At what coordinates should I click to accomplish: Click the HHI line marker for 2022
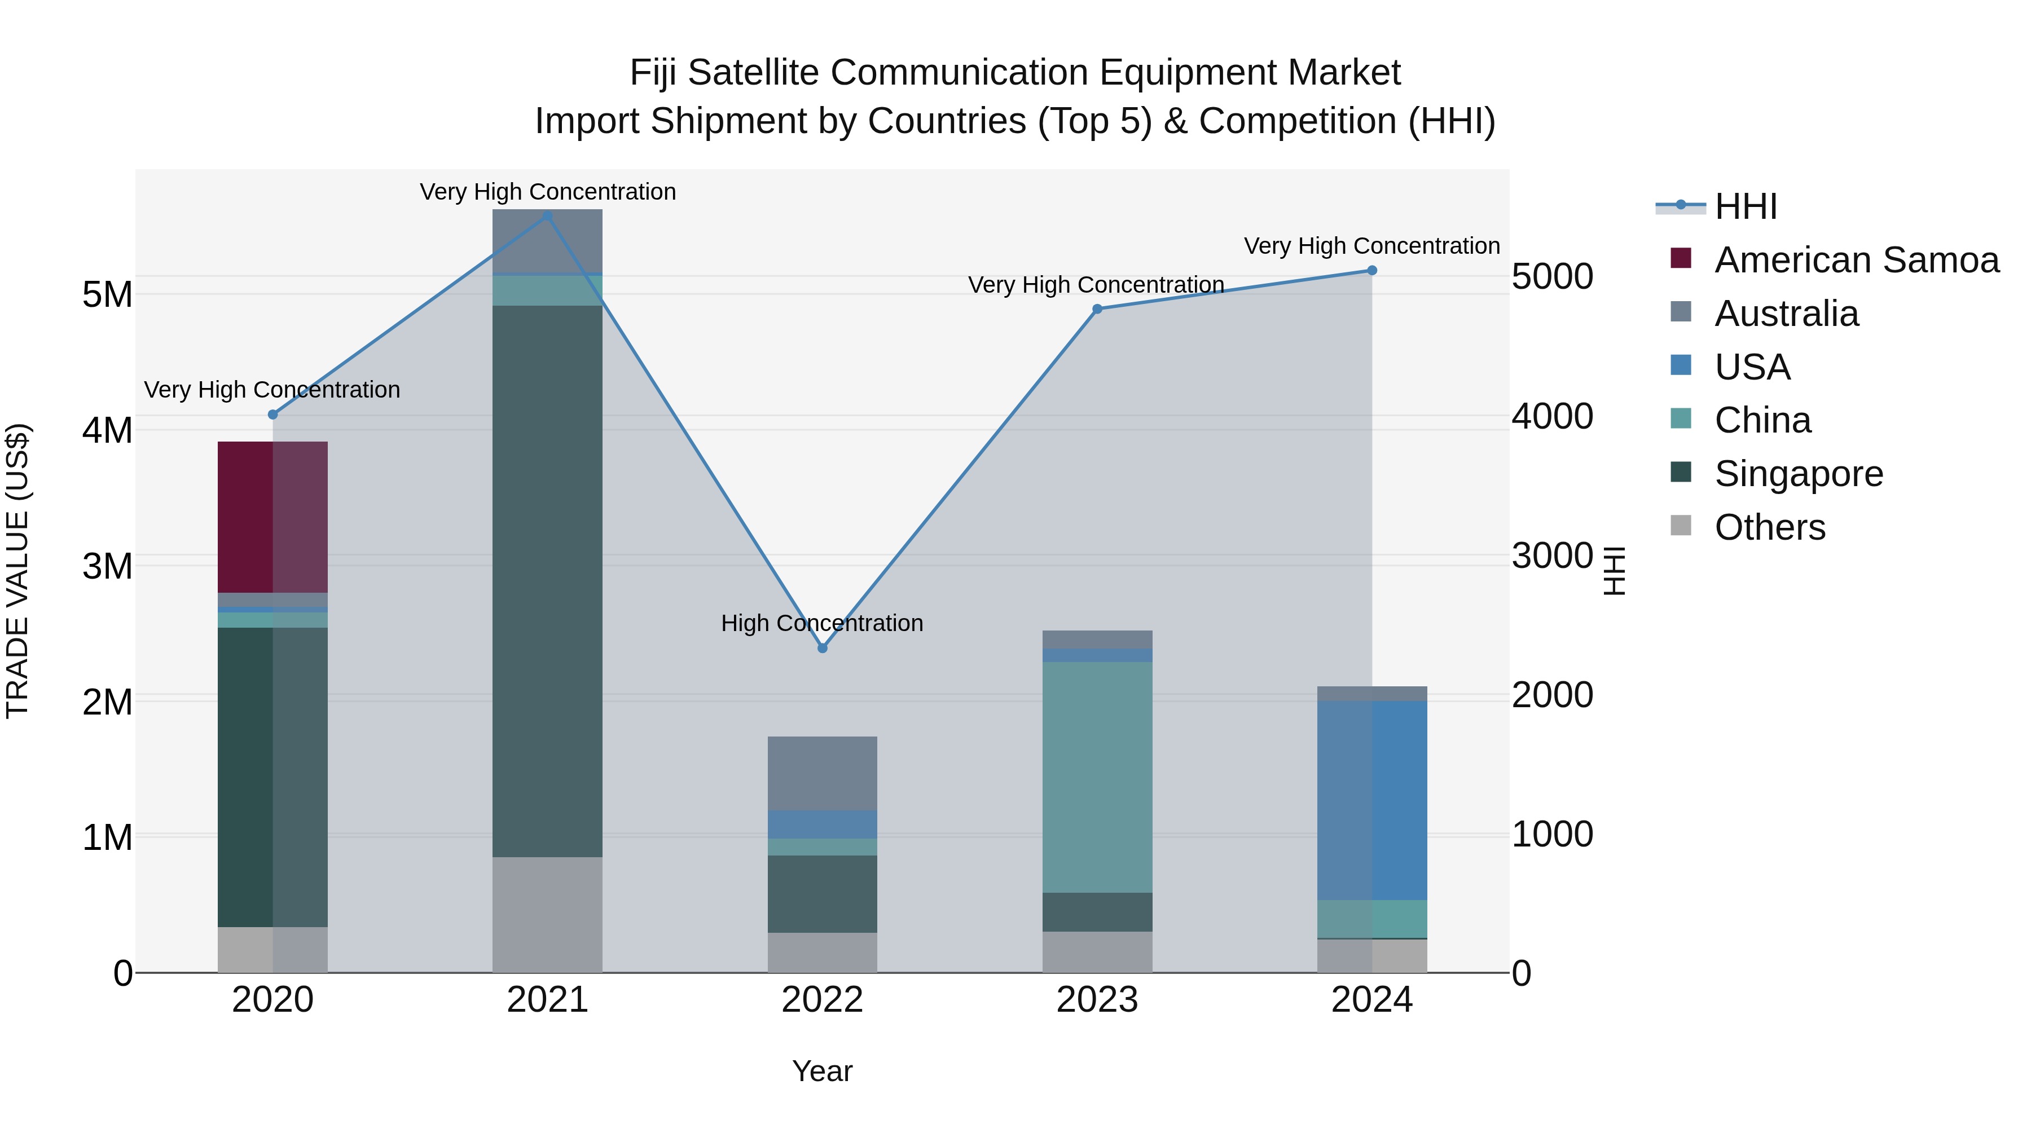(823, 648)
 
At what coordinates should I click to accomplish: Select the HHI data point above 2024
(1372, 270)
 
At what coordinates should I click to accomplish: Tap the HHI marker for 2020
(273, 415)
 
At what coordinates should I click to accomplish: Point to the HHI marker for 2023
(1097, 309)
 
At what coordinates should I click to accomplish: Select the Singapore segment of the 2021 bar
(547, 581)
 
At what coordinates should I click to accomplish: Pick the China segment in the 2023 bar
(1097, 777)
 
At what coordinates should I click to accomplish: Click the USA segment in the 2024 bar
(1372, 800)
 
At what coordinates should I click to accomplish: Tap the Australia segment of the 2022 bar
(823, 773)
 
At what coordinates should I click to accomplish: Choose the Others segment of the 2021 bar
(547, 914)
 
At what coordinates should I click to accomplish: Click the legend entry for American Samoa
(1856, 260)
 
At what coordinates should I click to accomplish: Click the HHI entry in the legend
(1745, 206)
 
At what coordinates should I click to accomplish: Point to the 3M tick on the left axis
(107, 566)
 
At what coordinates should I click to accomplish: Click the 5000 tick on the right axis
(1551, 277)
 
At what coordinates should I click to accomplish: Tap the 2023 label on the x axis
(1097, 1000)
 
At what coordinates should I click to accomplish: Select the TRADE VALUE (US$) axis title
(17, 571)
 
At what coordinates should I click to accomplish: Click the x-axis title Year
(823, 1071)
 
